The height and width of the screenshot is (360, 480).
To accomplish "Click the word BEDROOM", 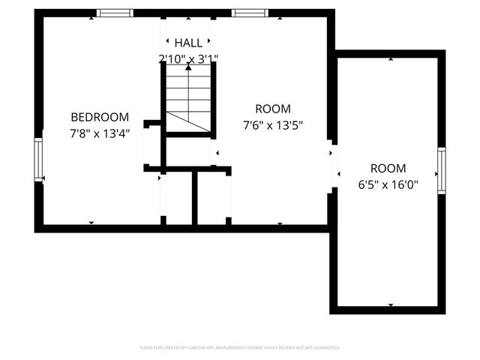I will (x=100, y=117).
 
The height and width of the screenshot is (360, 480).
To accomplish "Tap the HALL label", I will (x=187, y=42).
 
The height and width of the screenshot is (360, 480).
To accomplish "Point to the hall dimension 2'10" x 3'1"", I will (x=187, y=58).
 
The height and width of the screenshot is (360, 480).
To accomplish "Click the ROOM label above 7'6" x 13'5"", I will (x=272, y=108).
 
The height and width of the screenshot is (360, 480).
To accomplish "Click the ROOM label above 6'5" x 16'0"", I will (x=388, y=168).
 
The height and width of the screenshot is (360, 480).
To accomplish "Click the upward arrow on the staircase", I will (x=188, y=68).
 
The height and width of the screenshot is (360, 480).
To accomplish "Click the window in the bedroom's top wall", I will (x=115, y=13).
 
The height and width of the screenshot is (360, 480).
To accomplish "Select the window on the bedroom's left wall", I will (x=39, y=159).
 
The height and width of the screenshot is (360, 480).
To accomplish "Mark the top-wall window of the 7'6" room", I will (x=249, y=13).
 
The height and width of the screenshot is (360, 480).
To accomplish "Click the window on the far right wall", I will (x=442, y=171).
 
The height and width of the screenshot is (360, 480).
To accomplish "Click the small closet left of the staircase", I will (x=152, y=145).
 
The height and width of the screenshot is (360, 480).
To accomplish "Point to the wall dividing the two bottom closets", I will (x=194, y=198).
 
